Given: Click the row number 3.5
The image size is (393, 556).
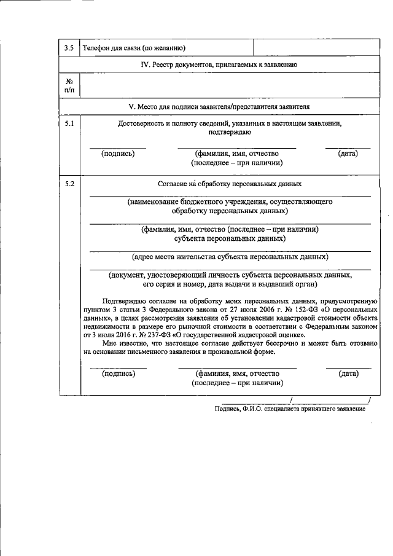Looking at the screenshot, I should [69, 47].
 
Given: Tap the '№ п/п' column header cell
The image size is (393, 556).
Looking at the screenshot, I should [69, 85].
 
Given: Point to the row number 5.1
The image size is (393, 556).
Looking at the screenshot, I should [69, 123].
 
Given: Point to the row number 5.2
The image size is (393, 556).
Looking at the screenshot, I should [69, 183].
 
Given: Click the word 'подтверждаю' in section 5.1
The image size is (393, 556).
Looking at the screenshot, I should [230, 132].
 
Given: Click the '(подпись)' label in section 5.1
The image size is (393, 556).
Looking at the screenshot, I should [118, 154].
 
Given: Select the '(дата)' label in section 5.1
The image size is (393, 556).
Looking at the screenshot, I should [348, 154].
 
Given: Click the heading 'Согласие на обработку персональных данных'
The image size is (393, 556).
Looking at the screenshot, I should [230, 184].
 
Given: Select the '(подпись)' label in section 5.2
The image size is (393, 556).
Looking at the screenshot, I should [119, 373].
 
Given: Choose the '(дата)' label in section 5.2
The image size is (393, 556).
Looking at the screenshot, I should [348, 373].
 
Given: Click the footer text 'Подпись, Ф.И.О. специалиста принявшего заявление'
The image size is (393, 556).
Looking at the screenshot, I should [290, 409].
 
